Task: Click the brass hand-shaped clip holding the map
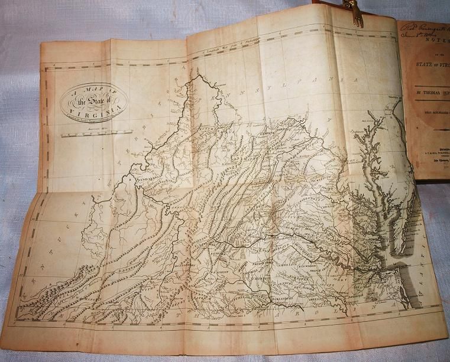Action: pos(358,12)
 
